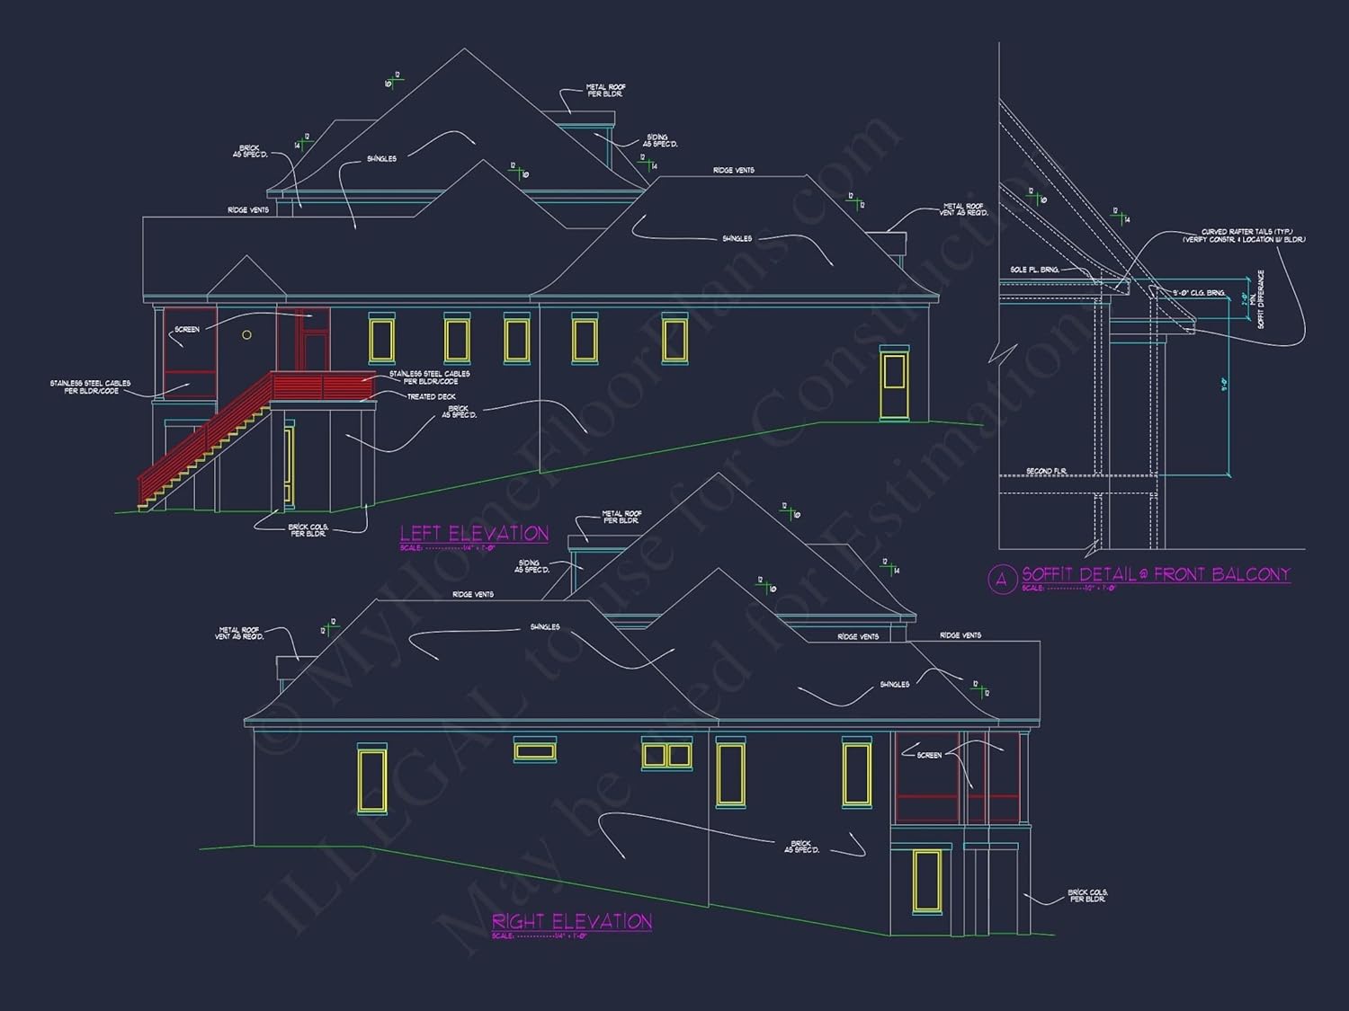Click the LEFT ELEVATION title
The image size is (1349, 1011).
click(x=474, y=533)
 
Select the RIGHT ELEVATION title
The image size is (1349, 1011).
click(x=571, y=921)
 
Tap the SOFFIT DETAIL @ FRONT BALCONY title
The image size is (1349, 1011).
click(x=1156, y=574)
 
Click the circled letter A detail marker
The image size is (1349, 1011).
click(x=1002, y=579)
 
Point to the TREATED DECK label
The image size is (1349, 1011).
click(x=432, y=396)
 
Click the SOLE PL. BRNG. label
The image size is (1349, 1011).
click(x=1034, y=270)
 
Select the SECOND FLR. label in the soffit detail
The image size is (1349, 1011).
click(x=1046, y=471)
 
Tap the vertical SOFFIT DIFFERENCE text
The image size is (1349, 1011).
click(x=1261, y=299)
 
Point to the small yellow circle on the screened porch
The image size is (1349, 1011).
click(x=246, y=335)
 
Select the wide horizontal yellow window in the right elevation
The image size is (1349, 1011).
click(x=535, y=749)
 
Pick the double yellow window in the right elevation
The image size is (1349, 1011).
click(x=666, y=755)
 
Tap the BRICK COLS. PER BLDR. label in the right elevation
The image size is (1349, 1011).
click(x=1087, y=895)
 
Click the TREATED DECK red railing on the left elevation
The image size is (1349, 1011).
click(x=324, y=386)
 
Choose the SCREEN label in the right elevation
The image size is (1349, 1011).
click(x=929, y=755)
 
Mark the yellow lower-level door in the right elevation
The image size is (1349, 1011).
click(x=926, y=880)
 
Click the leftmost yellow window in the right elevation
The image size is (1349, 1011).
click(x=371, y=779)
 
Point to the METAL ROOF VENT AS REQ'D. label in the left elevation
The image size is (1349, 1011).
click(x=963, y=209)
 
